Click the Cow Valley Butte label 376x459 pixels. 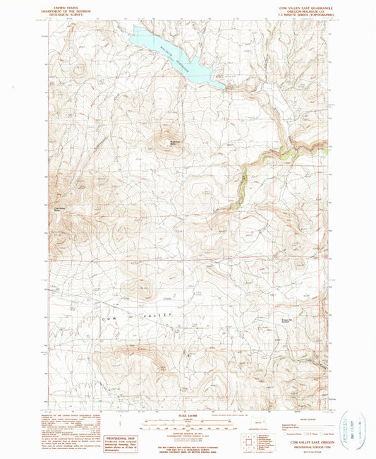pos(57,210)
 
